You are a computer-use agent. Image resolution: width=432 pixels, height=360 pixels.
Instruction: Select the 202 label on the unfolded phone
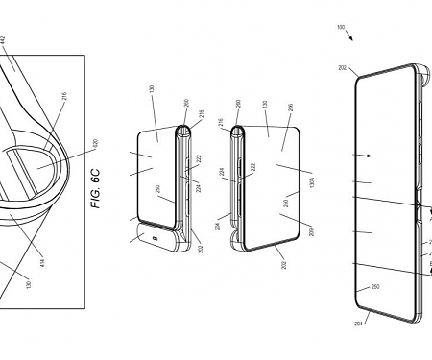click(x=344, y=68)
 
